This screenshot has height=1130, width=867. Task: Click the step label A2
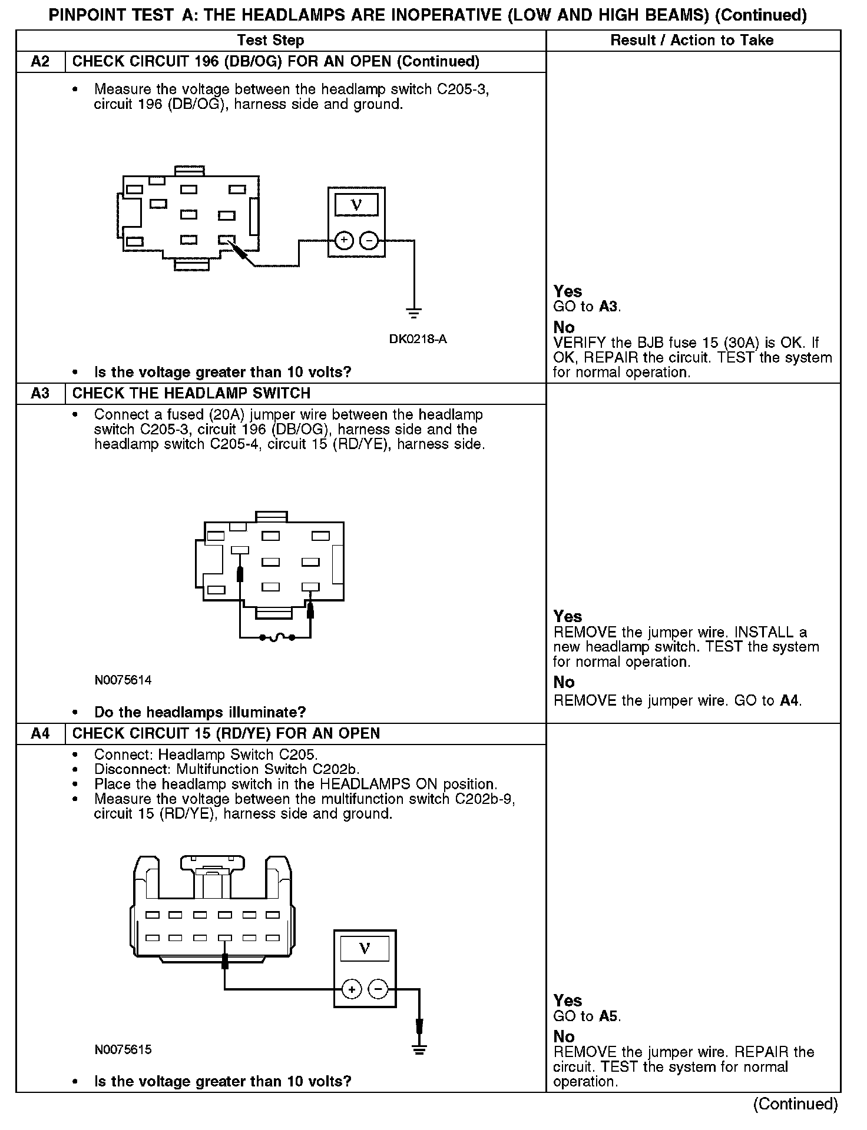coord(40,62)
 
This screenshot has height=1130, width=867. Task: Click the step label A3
coord(40,393)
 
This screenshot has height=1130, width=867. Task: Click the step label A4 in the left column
coord(40,733)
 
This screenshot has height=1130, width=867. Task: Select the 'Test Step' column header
coord(270,41)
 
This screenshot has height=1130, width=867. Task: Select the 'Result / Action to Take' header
coord(692,41)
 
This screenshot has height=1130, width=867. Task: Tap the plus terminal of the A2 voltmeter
coord(344,240)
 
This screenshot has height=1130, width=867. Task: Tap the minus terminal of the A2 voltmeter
coord(369,240)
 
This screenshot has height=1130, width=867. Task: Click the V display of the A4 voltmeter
coord(365,949)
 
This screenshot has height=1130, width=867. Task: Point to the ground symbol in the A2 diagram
coord(414,312)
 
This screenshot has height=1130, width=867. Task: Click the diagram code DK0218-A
coord(418,340)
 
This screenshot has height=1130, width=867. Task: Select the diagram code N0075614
coord(123,680)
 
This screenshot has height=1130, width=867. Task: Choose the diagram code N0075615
coord(123,1049)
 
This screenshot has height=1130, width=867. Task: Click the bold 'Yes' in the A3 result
coord(567,617)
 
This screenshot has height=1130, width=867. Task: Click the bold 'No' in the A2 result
coord(564,327)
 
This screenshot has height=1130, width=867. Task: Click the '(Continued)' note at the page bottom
coord(795,1104)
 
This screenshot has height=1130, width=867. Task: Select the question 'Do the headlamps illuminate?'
coord(200,713)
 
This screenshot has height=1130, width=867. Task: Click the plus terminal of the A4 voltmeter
coord(351,989)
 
